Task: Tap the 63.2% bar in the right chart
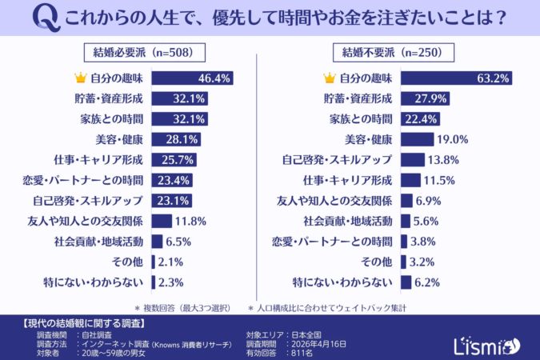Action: pyautogui.click(x=455, y=78)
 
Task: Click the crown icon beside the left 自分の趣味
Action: pyautogui.click(x=79, y=78)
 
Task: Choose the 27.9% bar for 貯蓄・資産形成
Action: pyautogui.click(x=425, y=98)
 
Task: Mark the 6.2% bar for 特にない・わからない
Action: pyautogui.click(x=406, y=282)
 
